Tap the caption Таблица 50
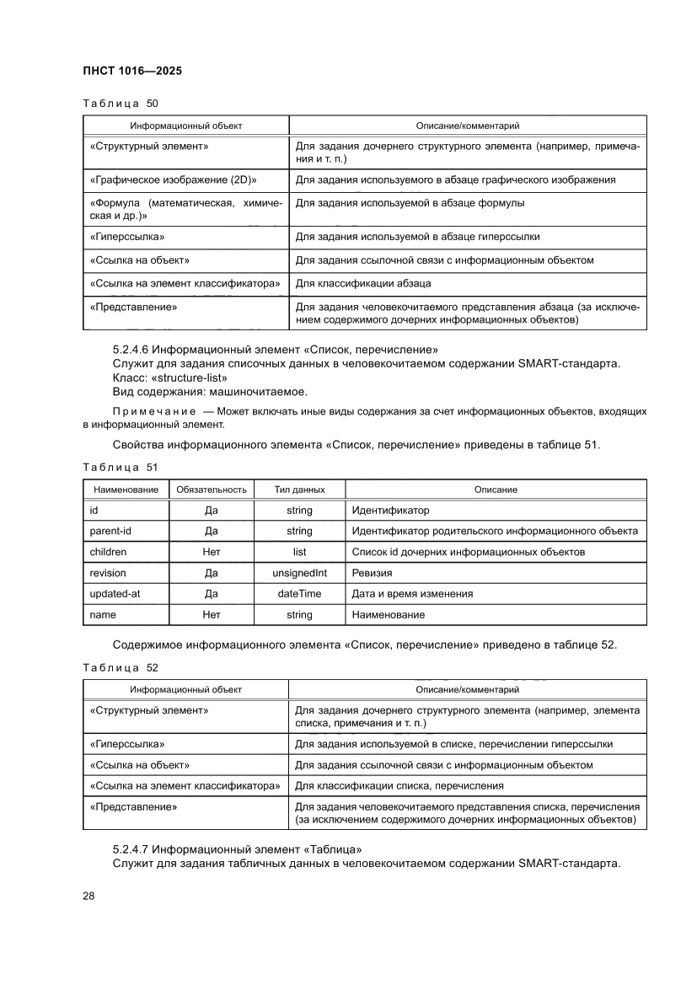[121, 104]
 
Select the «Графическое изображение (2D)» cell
[173, 179]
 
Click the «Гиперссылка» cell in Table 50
[127, 237]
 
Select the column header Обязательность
[211, 490]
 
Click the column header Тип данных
[299, 490]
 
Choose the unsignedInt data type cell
[299, 573]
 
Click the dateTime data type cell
[299, 594]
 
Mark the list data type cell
[299, 552]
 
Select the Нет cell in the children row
[211, 552]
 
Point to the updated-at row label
[115, 594]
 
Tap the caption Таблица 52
[121, 667]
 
